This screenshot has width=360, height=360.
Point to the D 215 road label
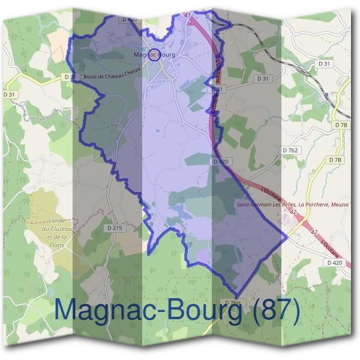pyautogui.click(x=114, y=228)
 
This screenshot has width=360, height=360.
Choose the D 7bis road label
pyautogui.click(x=235, y=301)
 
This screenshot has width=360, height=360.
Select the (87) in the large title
pyautogui.click(x=276, y=310)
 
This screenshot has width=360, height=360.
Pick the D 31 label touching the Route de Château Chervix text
pyautogui.click(x=70, y=77)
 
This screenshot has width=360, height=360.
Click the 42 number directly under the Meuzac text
pyautogui.click(x=293, y=212)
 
